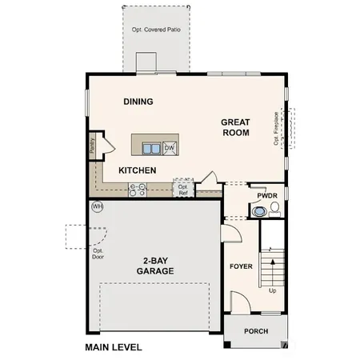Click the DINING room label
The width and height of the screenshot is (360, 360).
tap(138, 102)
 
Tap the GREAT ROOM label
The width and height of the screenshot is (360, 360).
tap(236, 127)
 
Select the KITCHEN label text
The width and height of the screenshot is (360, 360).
tap(137, 170)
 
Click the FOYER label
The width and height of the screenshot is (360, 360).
tap(241, 266)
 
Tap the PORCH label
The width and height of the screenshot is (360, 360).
tap(256, 331)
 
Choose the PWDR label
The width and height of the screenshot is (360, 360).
tap(266, 195)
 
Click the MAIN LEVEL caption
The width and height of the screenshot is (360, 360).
tap(113, 347)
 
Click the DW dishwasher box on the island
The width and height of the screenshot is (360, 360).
tap(170, 148)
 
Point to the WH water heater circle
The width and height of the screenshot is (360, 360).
tap(98, 206)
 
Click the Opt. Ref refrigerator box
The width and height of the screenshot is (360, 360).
tap(183, 189)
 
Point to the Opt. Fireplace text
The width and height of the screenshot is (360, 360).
tap(277, 128)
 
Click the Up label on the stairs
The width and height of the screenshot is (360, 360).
tap(273, 290)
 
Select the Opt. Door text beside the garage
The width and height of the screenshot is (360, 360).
tap(98, 254)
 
